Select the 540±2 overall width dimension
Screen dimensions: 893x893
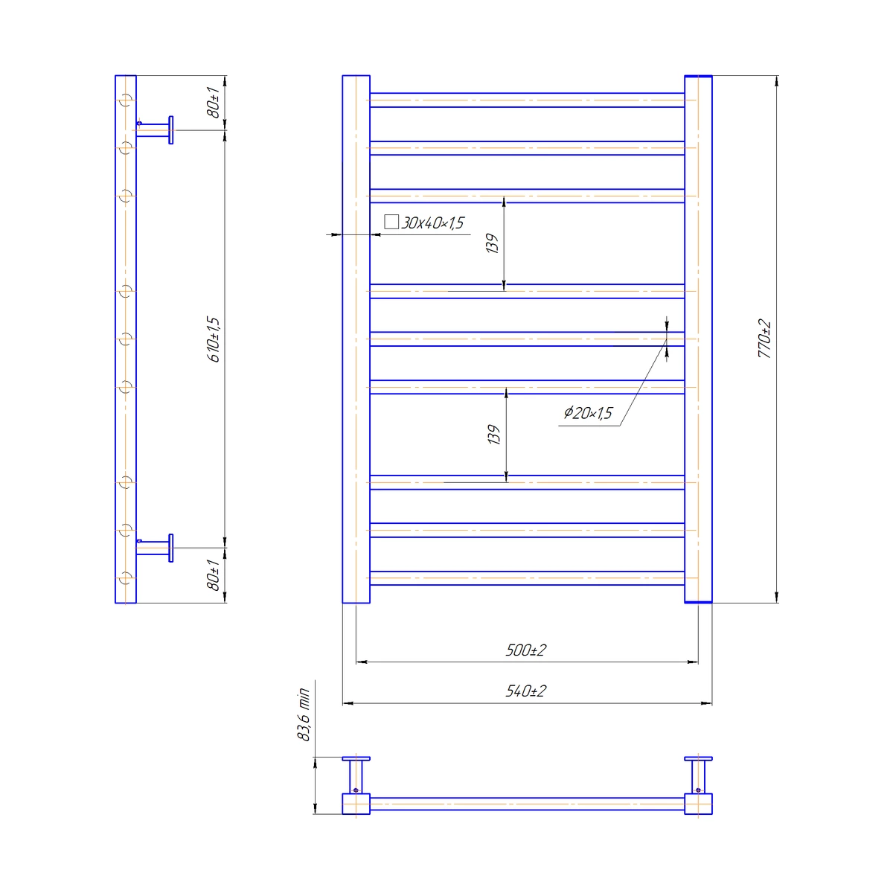(x=526, y=691)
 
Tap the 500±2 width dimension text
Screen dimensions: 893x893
(x=526, y=650)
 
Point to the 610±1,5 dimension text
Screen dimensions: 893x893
(x=214, y=339)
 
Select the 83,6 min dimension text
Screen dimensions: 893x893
(x=303, y=714)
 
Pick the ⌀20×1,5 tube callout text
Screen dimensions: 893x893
(x=588, y=412)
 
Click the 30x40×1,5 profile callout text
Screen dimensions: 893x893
(x=432, y=223)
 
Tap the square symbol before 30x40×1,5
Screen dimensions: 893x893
(x=391, y=222)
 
